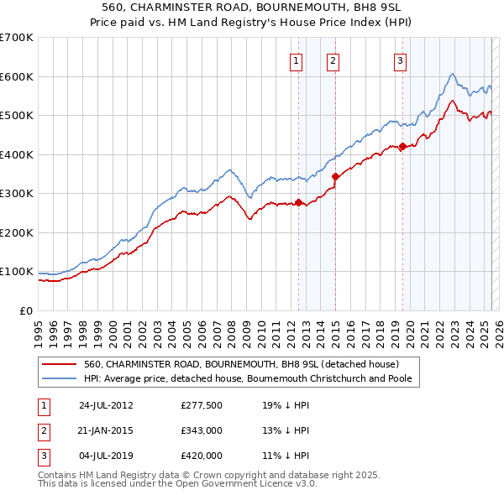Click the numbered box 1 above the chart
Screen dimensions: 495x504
pos(297,60)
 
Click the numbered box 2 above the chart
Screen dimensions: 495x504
pos(333,60)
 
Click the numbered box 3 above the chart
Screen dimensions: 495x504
pos(400,60)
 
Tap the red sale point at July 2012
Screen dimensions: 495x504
pos(298,202)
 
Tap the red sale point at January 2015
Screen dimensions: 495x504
pos(335,176)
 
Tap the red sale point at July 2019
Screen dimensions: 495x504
pos(402,146)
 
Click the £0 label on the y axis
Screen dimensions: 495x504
pos(25,310)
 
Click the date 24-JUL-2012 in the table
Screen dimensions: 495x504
pos(106,405)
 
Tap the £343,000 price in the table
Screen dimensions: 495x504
pos(202,430)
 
